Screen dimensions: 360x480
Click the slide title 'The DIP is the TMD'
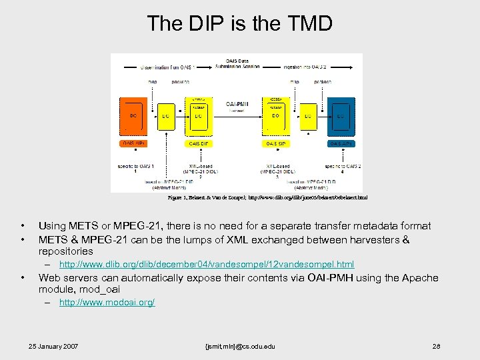(x=239, y=24)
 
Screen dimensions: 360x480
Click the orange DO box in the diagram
(x=133, y=116)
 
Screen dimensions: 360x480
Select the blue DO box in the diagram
(x=340, y=116)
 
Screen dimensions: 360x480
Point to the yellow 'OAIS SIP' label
(x=276, y=143)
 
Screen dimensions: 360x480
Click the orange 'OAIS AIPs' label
(x=133, y=143)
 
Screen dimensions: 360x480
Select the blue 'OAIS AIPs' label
(x=341, y=143)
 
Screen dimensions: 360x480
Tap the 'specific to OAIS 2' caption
(x=343, y=167)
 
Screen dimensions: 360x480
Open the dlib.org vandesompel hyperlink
(x=207, y=265)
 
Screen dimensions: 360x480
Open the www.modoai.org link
(x=107, y=303)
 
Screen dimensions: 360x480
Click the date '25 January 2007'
(x=53, y=347)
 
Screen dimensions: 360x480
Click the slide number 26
(x=437, y=347)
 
